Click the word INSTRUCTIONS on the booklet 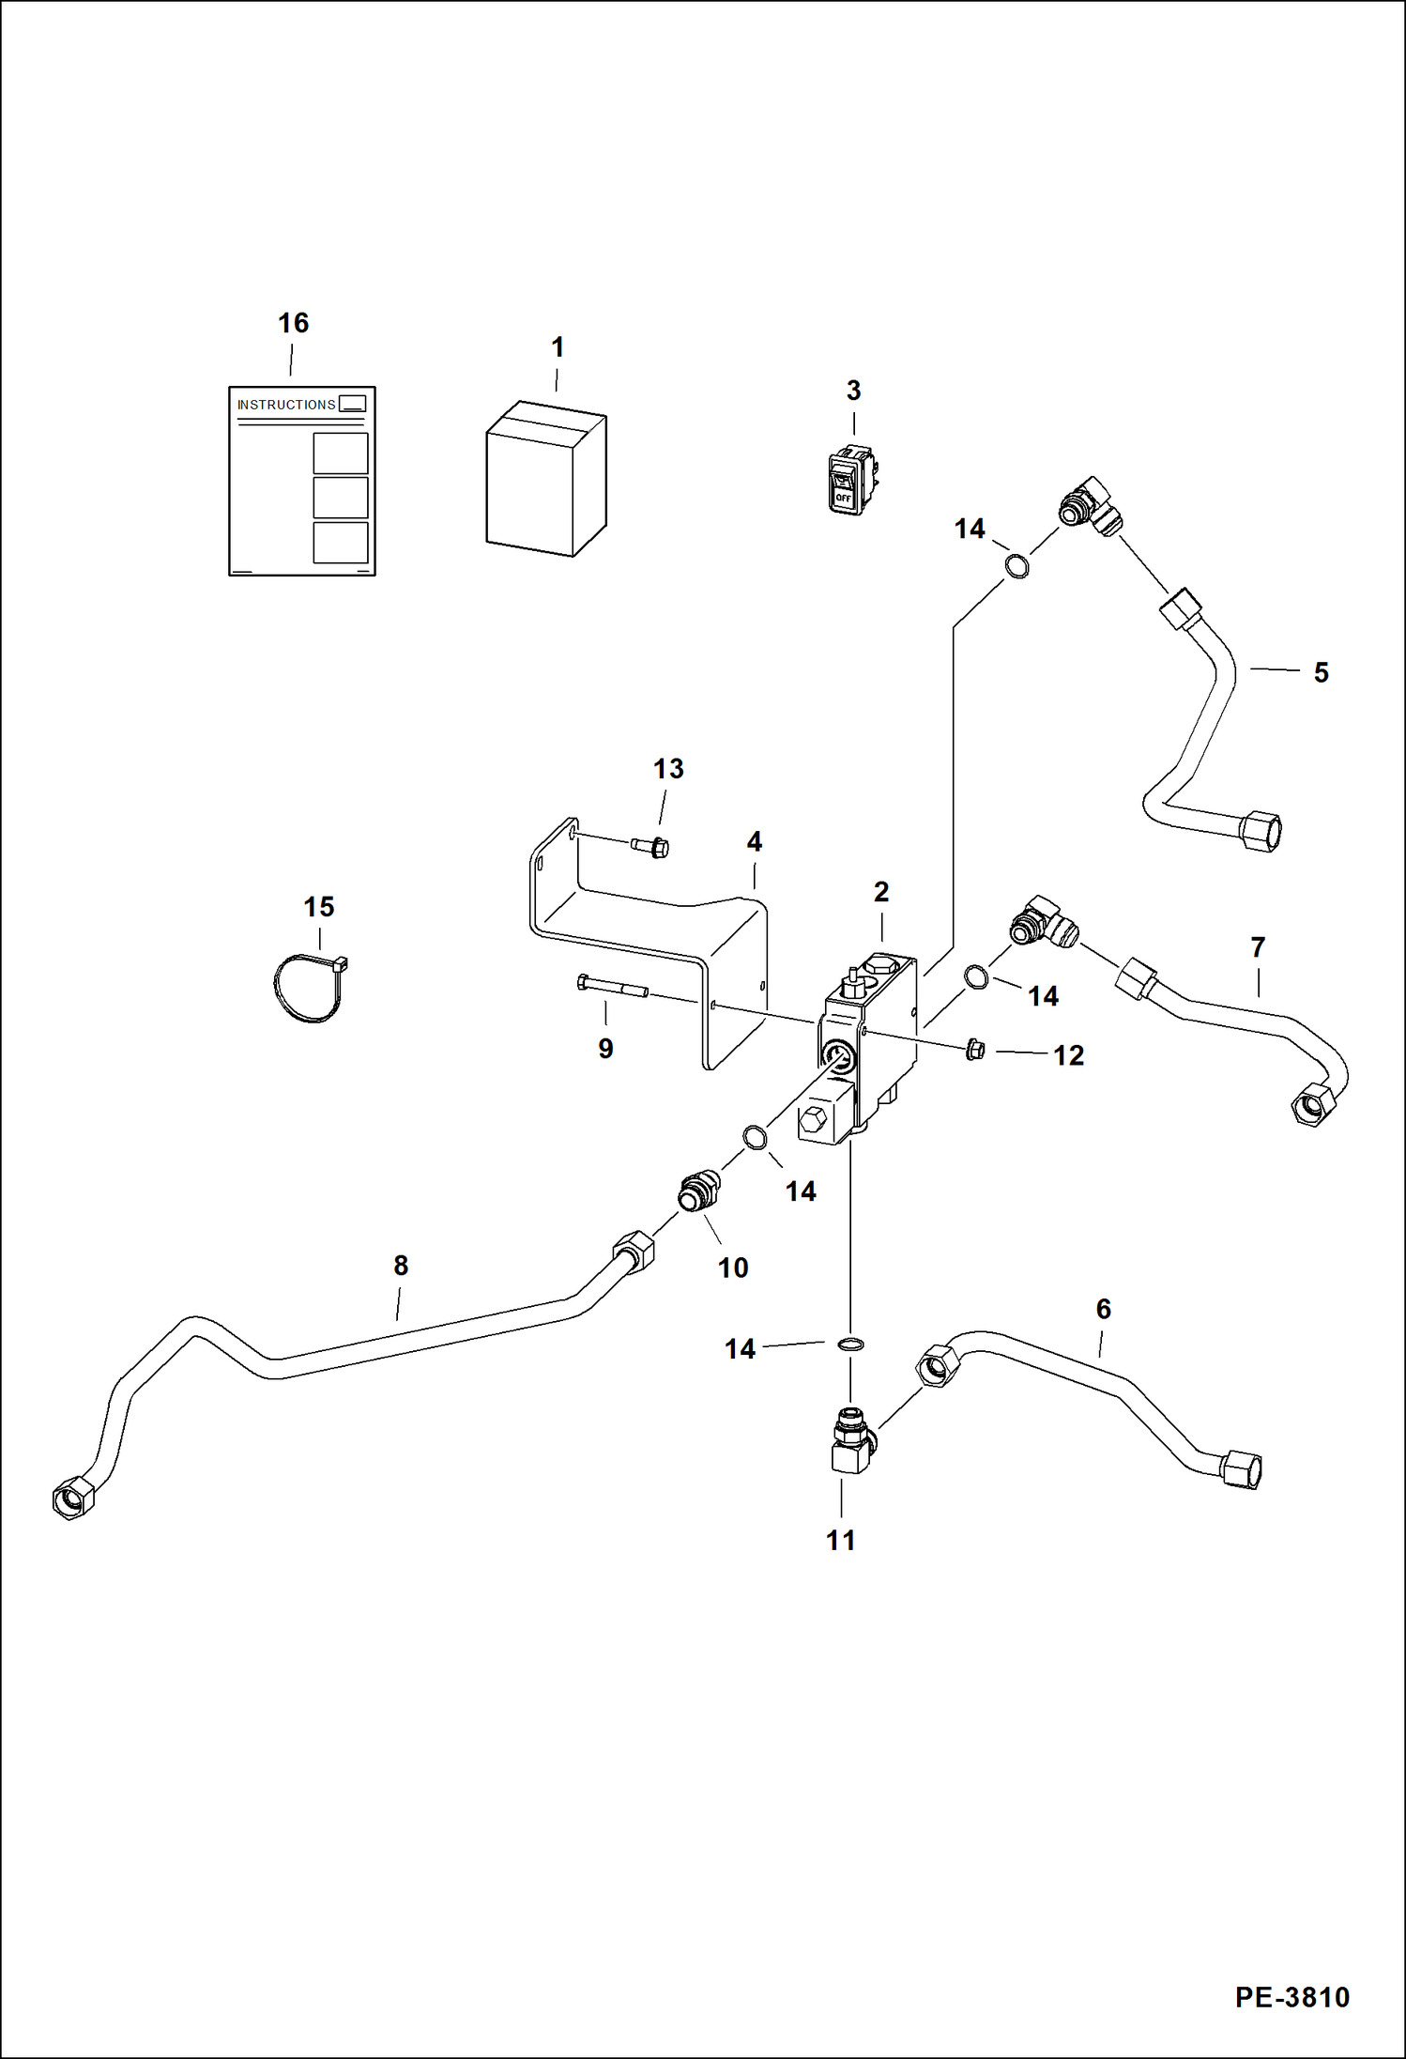[286, 405]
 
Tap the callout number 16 [293, 323]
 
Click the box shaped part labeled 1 [545, 480]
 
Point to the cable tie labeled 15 [308, 988]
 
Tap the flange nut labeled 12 [973, 1050]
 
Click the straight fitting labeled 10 [698, 1192]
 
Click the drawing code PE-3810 [1291, 1996]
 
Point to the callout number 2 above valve [880, 891]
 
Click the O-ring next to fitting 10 [755, 1138]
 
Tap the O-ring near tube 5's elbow [1017, 566]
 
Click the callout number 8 [401, 1266]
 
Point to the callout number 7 [1258, 947]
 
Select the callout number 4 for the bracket [754, 842]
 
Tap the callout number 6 [1103, 1309]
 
